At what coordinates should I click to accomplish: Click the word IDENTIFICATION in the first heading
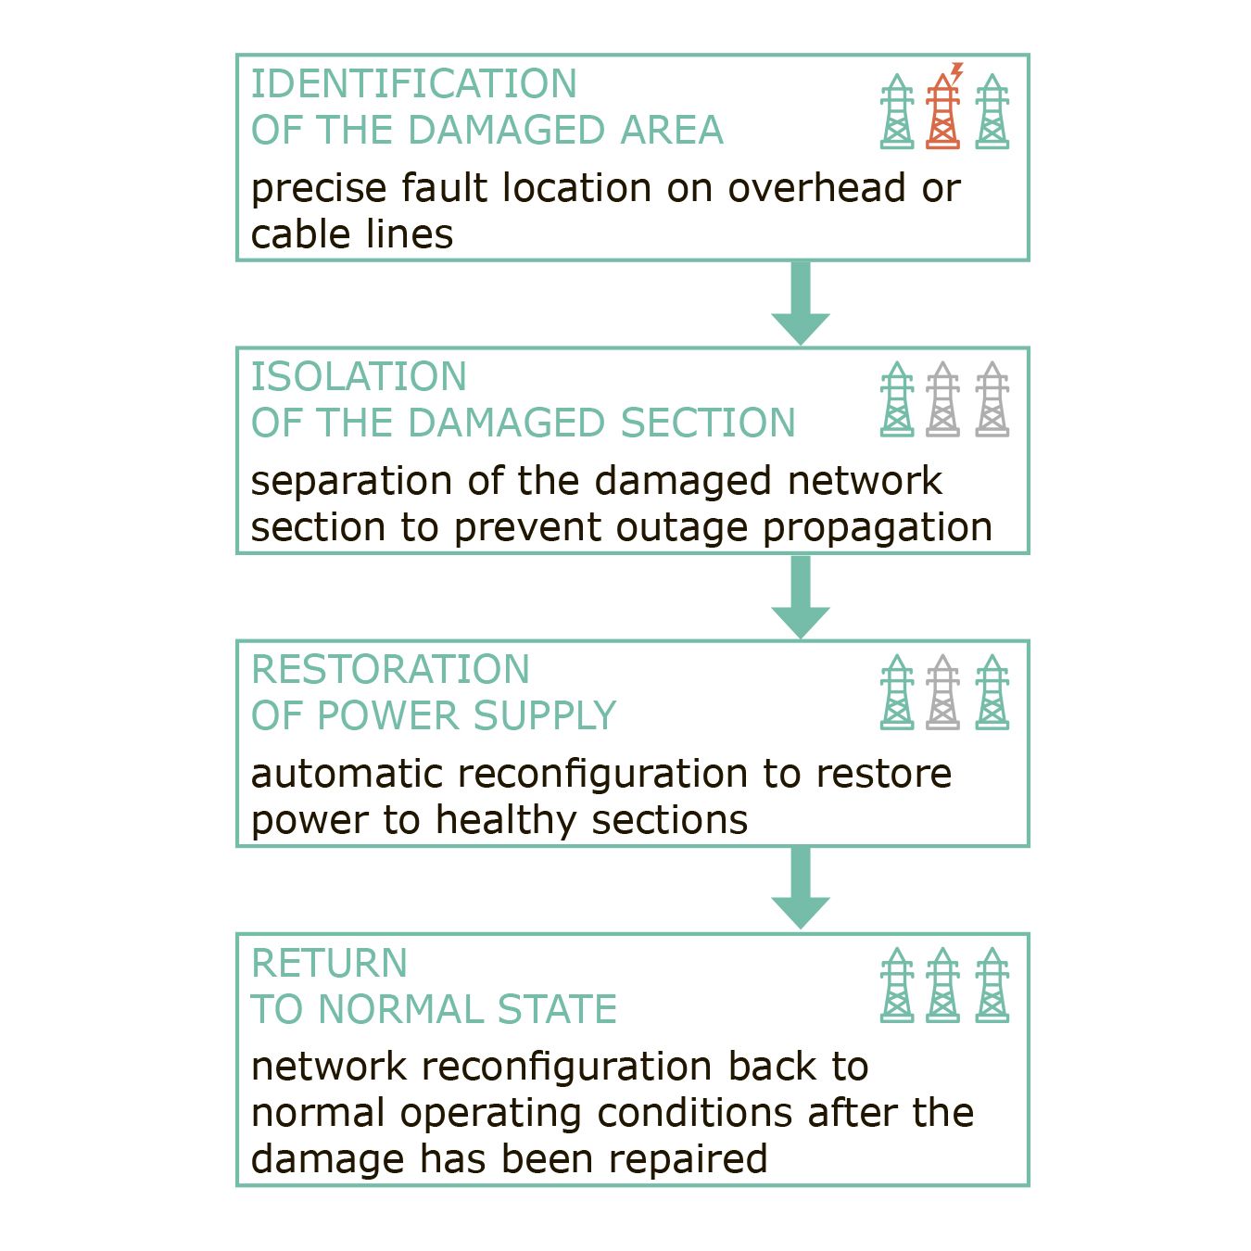413,83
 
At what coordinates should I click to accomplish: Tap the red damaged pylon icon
942,111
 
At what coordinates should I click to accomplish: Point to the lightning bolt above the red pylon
955,72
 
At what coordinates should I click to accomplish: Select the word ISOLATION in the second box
359,376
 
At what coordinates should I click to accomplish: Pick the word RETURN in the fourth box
329,963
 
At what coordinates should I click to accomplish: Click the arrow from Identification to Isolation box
801,303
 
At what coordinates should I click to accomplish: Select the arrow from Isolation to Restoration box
801,597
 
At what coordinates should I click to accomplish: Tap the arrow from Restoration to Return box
801,888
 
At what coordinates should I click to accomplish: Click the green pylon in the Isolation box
896,399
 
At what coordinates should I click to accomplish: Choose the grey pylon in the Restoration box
942,692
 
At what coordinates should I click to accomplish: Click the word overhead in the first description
816,188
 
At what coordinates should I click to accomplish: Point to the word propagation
877,529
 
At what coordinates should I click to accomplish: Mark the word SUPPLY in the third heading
544,716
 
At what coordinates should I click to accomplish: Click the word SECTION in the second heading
708,423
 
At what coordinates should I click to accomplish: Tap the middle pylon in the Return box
942,985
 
